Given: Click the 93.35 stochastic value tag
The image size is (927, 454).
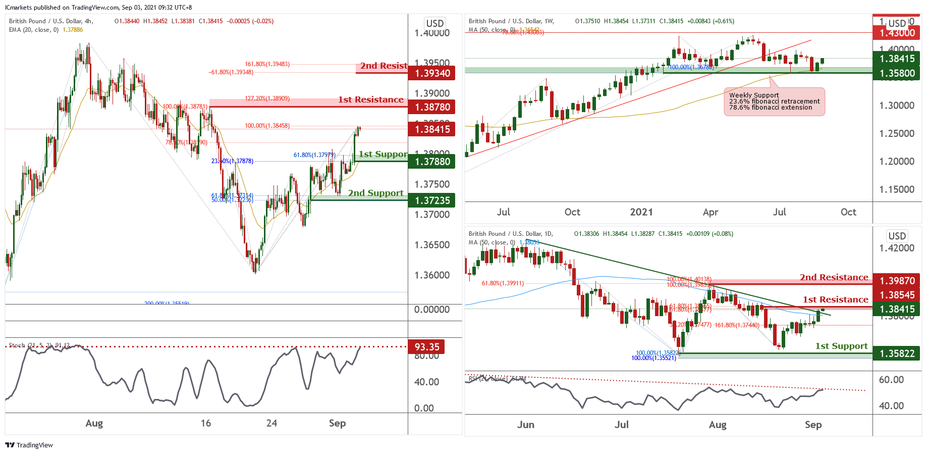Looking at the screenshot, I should click(x=427, y=347).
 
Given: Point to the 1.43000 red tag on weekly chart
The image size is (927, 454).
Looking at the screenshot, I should click(x=896, y=33).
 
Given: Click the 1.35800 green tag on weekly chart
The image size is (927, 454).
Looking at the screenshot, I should click(x=896, y=73).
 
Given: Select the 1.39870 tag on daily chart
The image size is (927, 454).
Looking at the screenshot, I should click(x=896, y=281).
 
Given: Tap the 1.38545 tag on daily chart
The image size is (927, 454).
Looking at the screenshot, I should click(x=896, y=295).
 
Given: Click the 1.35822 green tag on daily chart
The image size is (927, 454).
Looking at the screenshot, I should click(x=896, y=354).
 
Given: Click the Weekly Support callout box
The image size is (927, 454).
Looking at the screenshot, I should click(x=774, y=102).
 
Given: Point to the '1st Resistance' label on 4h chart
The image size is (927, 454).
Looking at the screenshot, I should click(x=371, y=99).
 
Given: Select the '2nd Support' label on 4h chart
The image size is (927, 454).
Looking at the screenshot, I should click(x=376, y=193).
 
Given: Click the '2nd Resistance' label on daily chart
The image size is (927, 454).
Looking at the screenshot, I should click(x=834, y=277).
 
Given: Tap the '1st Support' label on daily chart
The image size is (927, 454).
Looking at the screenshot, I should click(x=841, y=346).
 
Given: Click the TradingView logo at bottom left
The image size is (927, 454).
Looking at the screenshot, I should click(x=29, y=445).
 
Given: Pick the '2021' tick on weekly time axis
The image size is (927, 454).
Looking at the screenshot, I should click(x=641, y=212).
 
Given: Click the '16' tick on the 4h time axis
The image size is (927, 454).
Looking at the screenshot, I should click(x=206, y=423).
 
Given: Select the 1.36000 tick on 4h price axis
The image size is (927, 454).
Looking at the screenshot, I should click(x=431, y=275).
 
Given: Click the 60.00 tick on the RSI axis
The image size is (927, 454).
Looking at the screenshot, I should click(x=891, y=380).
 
